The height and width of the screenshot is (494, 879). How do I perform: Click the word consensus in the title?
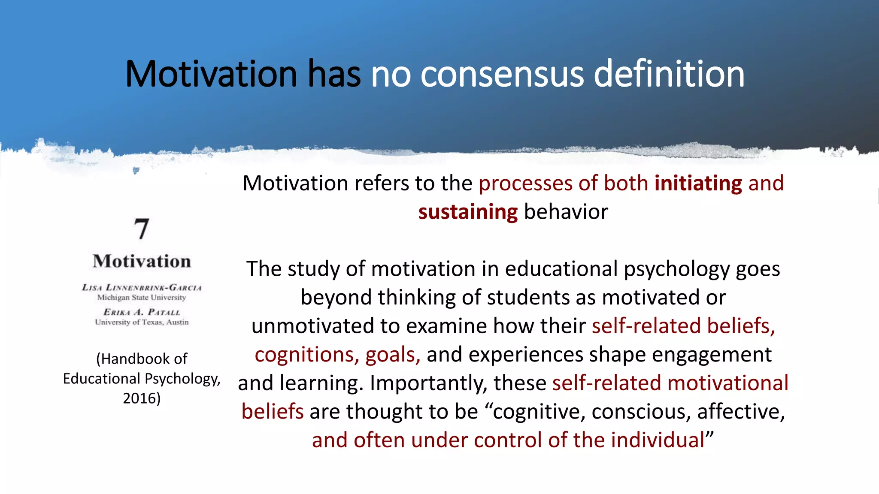coord(502,74)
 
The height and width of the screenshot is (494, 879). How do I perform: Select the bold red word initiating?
coord(698,184)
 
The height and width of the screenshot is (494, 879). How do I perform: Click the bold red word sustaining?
coord(468,212)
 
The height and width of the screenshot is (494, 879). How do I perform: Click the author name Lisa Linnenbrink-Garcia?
coord(142,287)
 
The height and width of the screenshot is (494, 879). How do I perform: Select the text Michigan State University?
coord(142,297)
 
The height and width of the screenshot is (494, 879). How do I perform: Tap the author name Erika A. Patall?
coord(142,312)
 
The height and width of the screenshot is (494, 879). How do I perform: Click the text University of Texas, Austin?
coord(142,322)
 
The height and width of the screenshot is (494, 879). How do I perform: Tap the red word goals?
coord(391,355)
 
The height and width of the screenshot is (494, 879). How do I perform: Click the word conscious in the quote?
coord(640,412)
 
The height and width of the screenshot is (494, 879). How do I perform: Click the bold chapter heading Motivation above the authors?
coord(142,261)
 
